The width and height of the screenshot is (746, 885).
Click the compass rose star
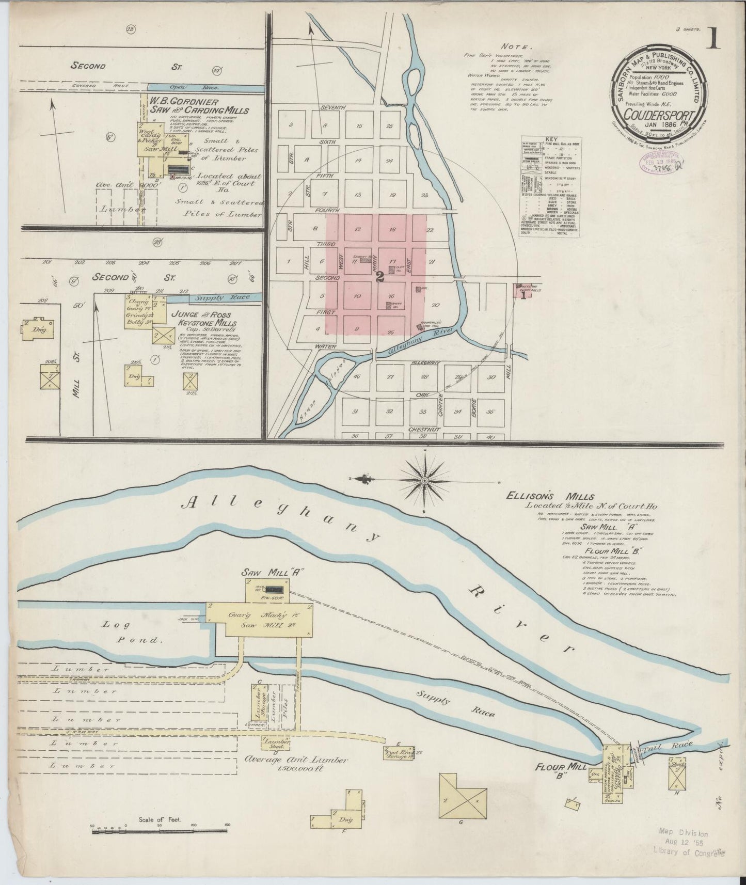pos(424,480)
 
